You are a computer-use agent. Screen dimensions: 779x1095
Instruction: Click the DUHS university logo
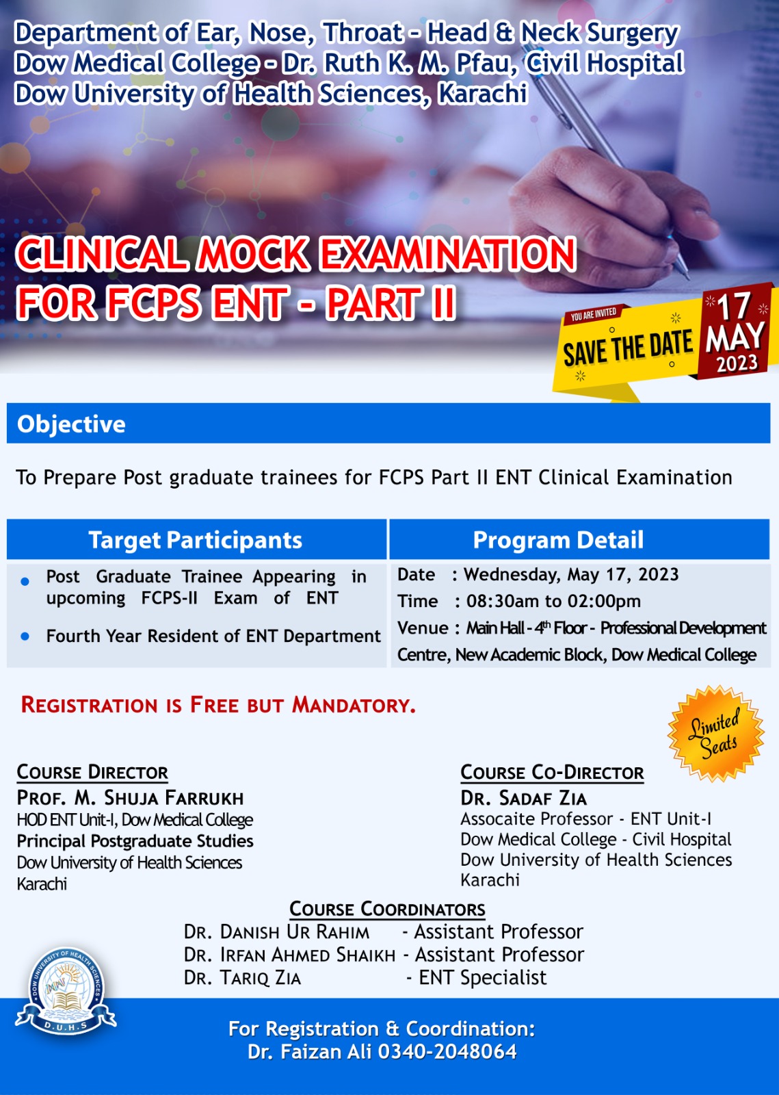(x=66, y=992)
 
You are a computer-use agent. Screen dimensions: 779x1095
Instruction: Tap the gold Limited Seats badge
(x=715, y=734)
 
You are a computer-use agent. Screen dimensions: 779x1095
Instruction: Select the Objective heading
(x=71, y=424)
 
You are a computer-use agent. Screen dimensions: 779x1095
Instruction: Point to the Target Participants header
(x=196, y=540)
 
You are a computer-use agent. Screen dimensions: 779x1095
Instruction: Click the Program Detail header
(x=558, y=540)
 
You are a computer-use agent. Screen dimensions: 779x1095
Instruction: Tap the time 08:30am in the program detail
(x=498, y=602)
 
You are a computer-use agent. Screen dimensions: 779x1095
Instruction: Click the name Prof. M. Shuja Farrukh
(x=130, y=798)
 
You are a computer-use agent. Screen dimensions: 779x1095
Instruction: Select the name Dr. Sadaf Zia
(x=524, y=798)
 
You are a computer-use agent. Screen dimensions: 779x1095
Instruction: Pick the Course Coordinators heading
(x=387, y=909)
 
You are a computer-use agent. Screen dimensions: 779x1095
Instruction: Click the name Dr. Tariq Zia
(x=242, y=978)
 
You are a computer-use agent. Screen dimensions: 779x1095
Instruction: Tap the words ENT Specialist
(x=483, y=978)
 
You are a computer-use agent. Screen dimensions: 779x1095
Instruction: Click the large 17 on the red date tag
(x=733, y=307)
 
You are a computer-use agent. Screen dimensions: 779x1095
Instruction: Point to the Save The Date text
(x=628, y=348)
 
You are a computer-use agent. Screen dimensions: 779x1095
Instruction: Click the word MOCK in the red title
(x=252, y=254)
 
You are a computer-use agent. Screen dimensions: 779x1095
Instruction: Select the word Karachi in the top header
(x=483, y=93)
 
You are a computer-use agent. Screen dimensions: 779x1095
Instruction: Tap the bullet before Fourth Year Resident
(x=25, y=636)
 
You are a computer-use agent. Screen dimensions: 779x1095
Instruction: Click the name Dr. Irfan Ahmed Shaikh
(x=289, y=955)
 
